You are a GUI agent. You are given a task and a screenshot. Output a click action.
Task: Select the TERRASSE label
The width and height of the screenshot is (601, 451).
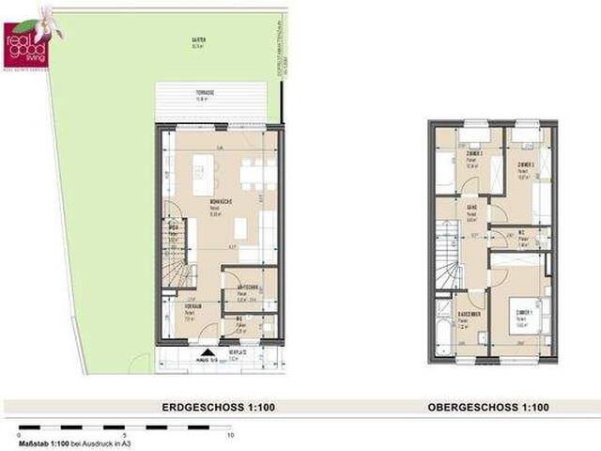(x=204, y=92)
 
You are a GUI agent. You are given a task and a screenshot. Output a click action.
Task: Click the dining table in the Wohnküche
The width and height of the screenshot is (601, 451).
(x=257, y=174)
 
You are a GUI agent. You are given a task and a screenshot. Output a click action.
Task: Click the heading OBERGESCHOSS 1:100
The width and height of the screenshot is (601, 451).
(x=488, y=408)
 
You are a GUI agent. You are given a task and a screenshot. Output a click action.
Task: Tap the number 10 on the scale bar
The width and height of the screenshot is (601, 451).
(x=231, y=437)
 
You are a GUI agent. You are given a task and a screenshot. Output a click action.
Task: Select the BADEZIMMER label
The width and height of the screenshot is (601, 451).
(x=469, y=314)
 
